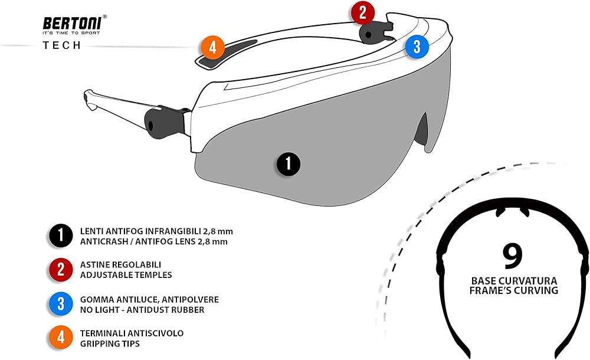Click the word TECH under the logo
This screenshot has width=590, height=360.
(x=62, y=45)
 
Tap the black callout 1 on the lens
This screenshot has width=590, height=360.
(x=289, y=163)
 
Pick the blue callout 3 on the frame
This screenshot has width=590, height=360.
(x=417, y=47)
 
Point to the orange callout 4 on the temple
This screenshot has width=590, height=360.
(x=212, y=47)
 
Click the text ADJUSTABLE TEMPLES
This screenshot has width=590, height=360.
(x=126, y=275)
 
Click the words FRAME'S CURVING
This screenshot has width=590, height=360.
(x=514, y=290)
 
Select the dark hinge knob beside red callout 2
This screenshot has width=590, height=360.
(x=376, y=32)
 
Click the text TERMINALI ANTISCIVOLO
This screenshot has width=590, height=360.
(x=132, y=333)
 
